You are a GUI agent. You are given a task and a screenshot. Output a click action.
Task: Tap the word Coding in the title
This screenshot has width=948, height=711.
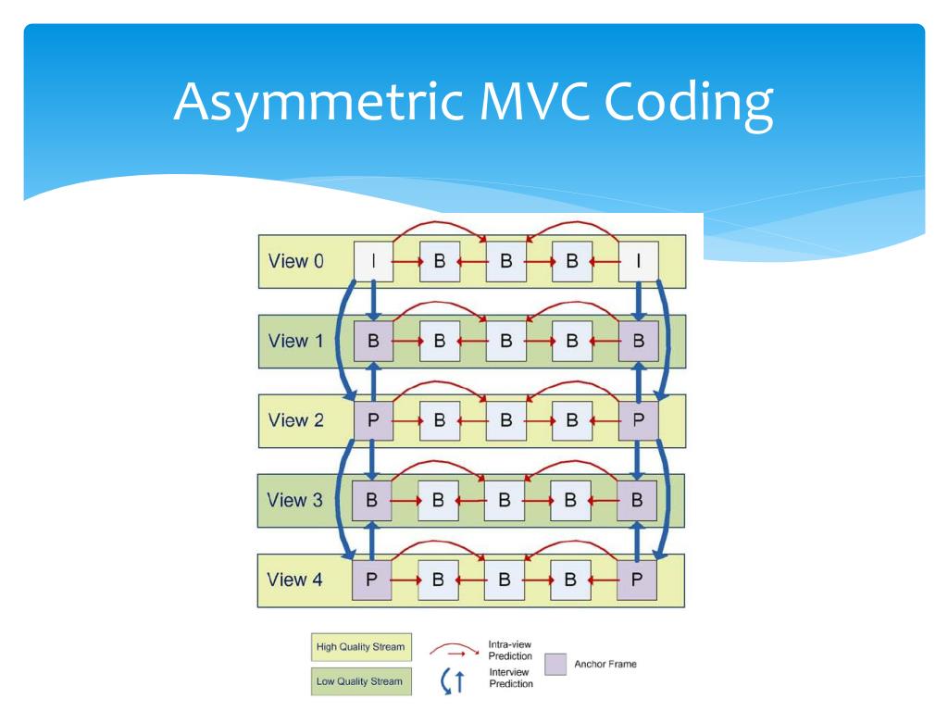(689, 103)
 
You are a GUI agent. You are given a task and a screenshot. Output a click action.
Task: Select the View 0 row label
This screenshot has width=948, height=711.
(295, 261)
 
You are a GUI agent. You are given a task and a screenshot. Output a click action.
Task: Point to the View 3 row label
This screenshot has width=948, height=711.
(294, 500)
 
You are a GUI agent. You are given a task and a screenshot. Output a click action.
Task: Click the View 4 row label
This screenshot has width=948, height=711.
(294, 580)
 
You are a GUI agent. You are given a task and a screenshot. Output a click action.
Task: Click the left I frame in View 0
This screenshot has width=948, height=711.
(373, 261)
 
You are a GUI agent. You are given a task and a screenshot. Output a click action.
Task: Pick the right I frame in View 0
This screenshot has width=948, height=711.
(639, 261)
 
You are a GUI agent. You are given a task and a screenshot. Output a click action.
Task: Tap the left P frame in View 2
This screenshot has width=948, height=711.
(373, 420)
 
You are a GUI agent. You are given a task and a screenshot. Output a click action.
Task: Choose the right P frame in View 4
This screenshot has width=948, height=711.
(637, 580)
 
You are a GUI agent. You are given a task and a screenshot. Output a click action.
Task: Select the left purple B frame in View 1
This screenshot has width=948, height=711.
(373, 341)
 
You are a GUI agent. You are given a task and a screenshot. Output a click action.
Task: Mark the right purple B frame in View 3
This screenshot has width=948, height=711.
(637, 500)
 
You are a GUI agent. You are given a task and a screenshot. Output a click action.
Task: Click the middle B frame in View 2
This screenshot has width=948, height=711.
(506, 420)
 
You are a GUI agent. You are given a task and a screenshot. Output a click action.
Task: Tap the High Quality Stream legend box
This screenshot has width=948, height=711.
(362, 647)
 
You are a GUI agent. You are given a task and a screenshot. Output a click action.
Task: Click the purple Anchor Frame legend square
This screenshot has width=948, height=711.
(555, 664)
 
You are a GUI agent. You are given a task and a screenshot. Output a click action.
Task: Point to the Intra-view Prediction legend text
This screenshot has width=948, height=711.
(510, 650)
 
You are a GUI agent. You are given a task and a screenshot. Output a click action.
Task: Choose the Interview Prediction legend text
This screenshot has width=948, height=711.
(511, 678)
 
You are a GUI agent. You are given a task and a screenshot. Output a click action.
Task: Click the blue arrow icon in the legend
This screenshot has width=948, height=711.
(453, 680)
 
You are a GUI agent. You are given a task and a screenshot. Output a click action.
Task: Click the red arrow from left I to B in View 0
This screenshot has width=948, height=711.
(407, 261)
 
